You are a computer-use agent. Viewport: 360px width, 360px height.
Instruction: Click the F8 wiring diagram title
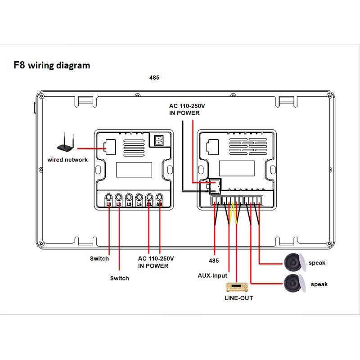coord(52,65)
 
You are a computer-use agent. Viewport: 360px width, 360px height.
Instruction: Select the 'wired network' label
coord(67,160)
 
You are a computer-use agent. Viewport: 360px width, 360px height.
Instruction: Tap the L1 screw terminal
coord(109,198)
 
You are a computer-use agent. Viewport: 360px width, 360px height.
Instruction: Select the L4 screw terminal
coord(139,198)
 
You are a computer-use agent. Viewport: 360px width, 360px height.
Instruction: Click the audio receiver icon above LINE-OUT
coord(235,287)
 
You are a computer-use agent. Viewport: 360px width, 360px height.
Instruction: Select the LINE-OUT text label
coord(239,298)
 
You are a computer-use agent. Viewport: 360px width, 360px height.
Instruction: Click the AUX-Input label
coord(213,275)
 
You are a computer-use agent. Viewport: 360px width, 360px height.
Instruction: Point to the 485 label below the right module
coord(214,261)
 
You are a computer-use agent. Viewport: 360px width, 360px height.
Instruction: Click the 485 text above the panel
coord(154,77)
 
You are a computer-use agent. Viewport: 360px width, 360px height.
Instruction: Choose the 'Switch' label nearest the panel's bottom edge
coord(99,258)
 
